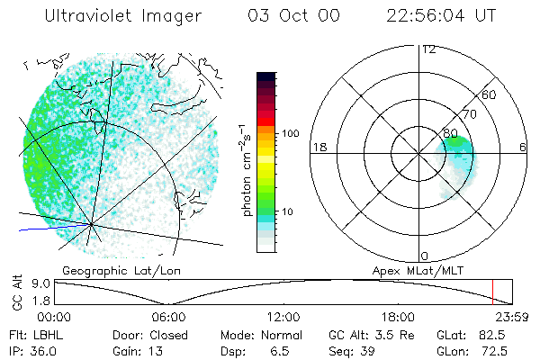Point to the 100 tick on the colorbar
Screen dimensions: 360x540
tap(289, 133)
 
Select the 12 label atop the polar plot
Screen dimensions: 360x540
tap(427, 49)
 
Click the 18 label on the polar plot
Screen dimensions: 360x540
tap(319, 147)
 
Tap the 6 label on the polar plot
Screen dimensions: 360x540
tap(522, 147)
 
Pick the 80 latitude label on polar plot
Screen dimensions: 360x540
tap(450, 133)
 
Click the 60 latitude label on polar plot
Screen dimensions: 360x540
tap(489, 94)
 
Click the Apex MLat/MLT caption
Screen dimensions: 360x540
tap(416, 270)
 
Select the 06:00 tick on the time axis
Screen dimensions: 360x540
tap(168, 317)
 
